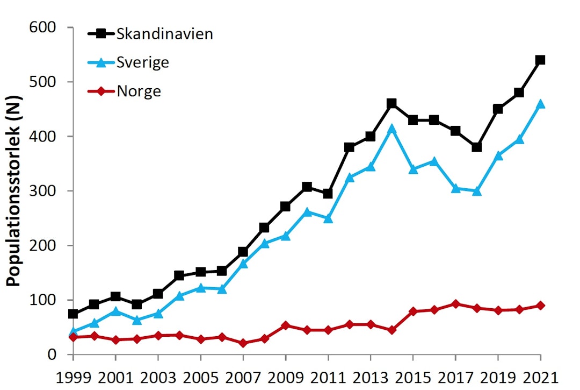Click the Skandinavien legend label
tap(164, 34)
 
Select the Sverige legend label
tap(142, 62)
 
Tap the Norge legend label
tap(139, 91)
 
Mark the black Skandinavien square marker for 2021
tap(540, 60)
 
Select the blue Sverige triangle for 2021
tap(540, 104)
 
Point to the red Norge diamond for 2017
tap(455, 304)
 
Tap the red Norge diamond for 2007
tap(243, 343)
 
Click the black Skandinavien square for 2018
tap(476, 147)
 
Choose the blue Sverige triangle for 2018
tap(476, 191)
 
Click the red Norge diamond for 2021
tap(540, 306)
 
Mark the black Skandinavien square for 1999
tap(73, 314)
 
